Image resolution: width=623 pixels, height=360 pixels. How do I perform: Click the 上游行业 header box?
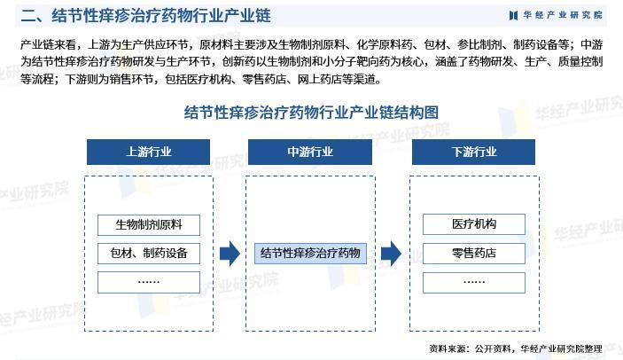click(x=148, y=152)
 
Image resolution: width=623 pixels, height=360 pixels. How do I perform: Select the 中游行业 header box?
click(x=309, y=152)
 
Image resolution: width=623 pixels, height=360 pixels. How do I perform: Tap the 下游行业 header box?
click(x=474, y=152)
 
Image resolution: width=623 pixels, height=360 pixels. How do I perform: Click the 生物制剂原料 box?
click(x=148, y=224)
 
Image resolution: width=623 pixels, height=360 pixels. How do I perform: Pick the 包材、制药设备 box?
click(x=148, y=253)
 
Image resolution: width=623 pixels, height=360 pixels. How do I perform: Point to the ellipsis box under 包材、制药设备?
click(x=148, y=282)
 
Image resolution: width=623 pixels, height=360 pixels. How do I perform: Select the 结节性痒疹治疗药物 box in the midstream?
click(x=310, y=253)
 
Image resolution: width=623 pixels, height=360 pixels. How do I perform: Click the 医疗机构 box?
click(x=474, y=224)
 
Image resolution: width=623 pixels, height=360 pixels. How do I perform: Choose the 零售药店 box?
click(x=474, y=253)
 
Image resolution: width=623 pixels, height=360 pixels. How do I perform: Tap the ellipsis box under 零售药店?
click(x=474, y=282)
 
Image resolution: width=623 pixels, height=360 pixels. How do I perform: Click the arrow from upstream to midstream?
click(x=230, y=254)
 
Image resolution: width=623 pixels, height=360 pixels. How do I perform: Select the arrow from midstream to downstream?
click(x=391, y=254)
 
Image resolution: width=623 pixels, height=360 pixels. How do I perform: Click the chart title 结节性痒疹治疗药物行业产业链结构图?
click(x=311, y=113)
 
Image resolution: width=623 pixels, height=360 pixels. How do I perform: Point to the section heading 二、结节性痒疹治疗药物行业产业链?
click(x=145, y=16)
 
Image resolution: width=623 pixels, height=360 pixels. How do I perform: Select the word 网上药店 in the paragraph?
click(x=302, y=79)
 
